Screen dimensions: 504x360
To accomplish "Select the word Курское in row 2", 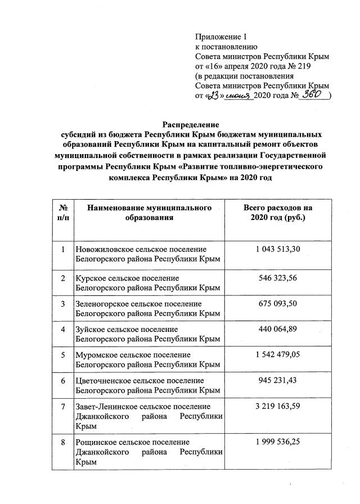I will coord(91,278).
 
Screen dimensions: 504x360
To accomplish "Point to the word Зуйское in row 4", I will coord(91,329).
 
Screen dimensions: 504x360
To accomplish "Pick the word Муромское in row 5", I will coord(95,355).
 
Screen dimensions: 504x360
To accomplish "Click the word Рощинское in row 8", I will coord(95,442).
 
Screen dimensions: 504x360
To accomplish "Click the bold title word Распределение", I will coord(190,124).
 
